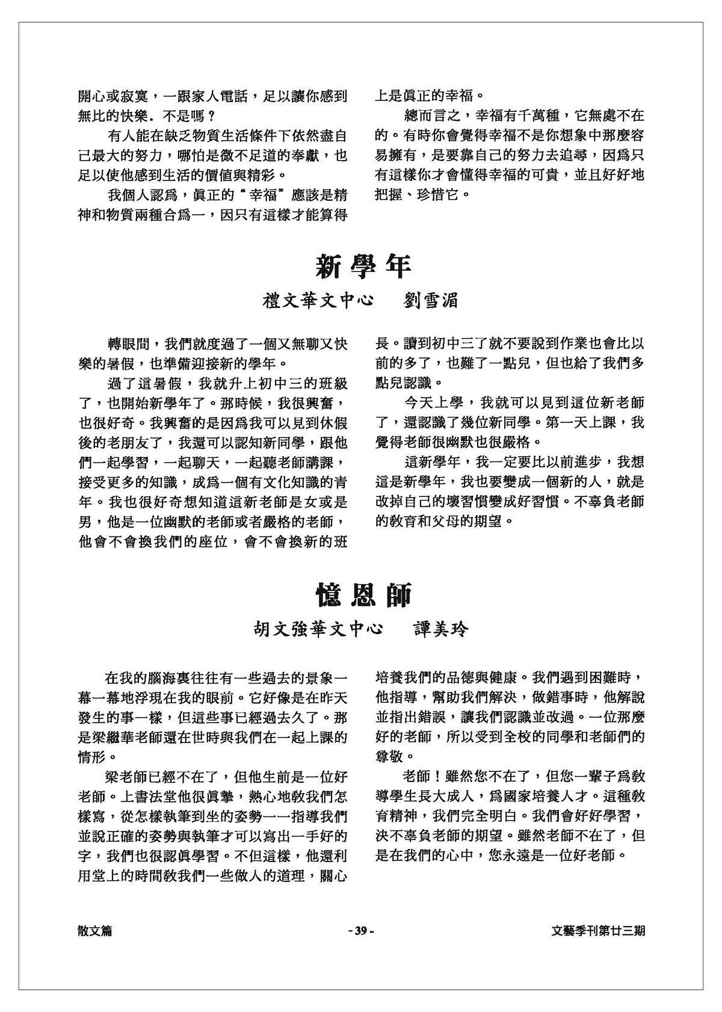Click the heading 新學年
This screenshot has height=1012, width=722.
coord(363,265)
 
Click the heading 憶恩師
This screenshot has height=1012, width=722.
coord(364,595)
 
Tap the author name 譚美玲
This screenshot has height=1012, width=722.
coord(441,630)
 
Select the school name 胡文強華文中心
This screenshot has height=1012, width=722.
coord(318,630)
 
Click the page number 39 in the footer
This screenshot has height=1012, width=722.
coord(361,931)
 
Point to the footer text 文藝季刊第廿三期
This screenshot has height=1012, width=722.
coord(598,931)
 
